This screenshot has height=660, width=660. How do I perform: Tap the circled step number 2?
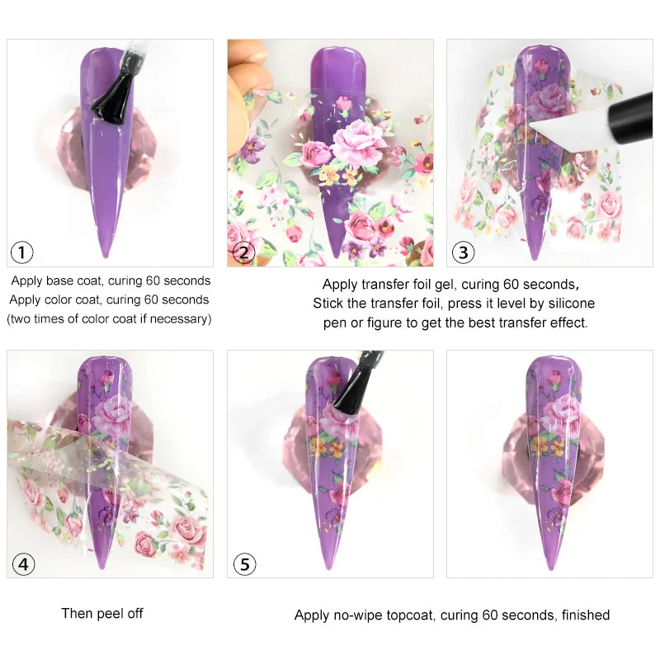[x=243, y=252]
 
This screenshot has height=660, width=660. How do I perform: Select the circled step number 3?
[x=462, y=252]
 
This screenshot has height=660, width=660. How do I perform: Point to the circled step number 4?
[x=22, y=564]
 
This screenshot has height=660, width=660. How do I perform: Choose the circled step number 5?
[x=243, y=564]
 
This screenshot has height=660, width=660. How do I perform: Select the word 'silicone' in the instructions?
[x=569, y=304]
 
